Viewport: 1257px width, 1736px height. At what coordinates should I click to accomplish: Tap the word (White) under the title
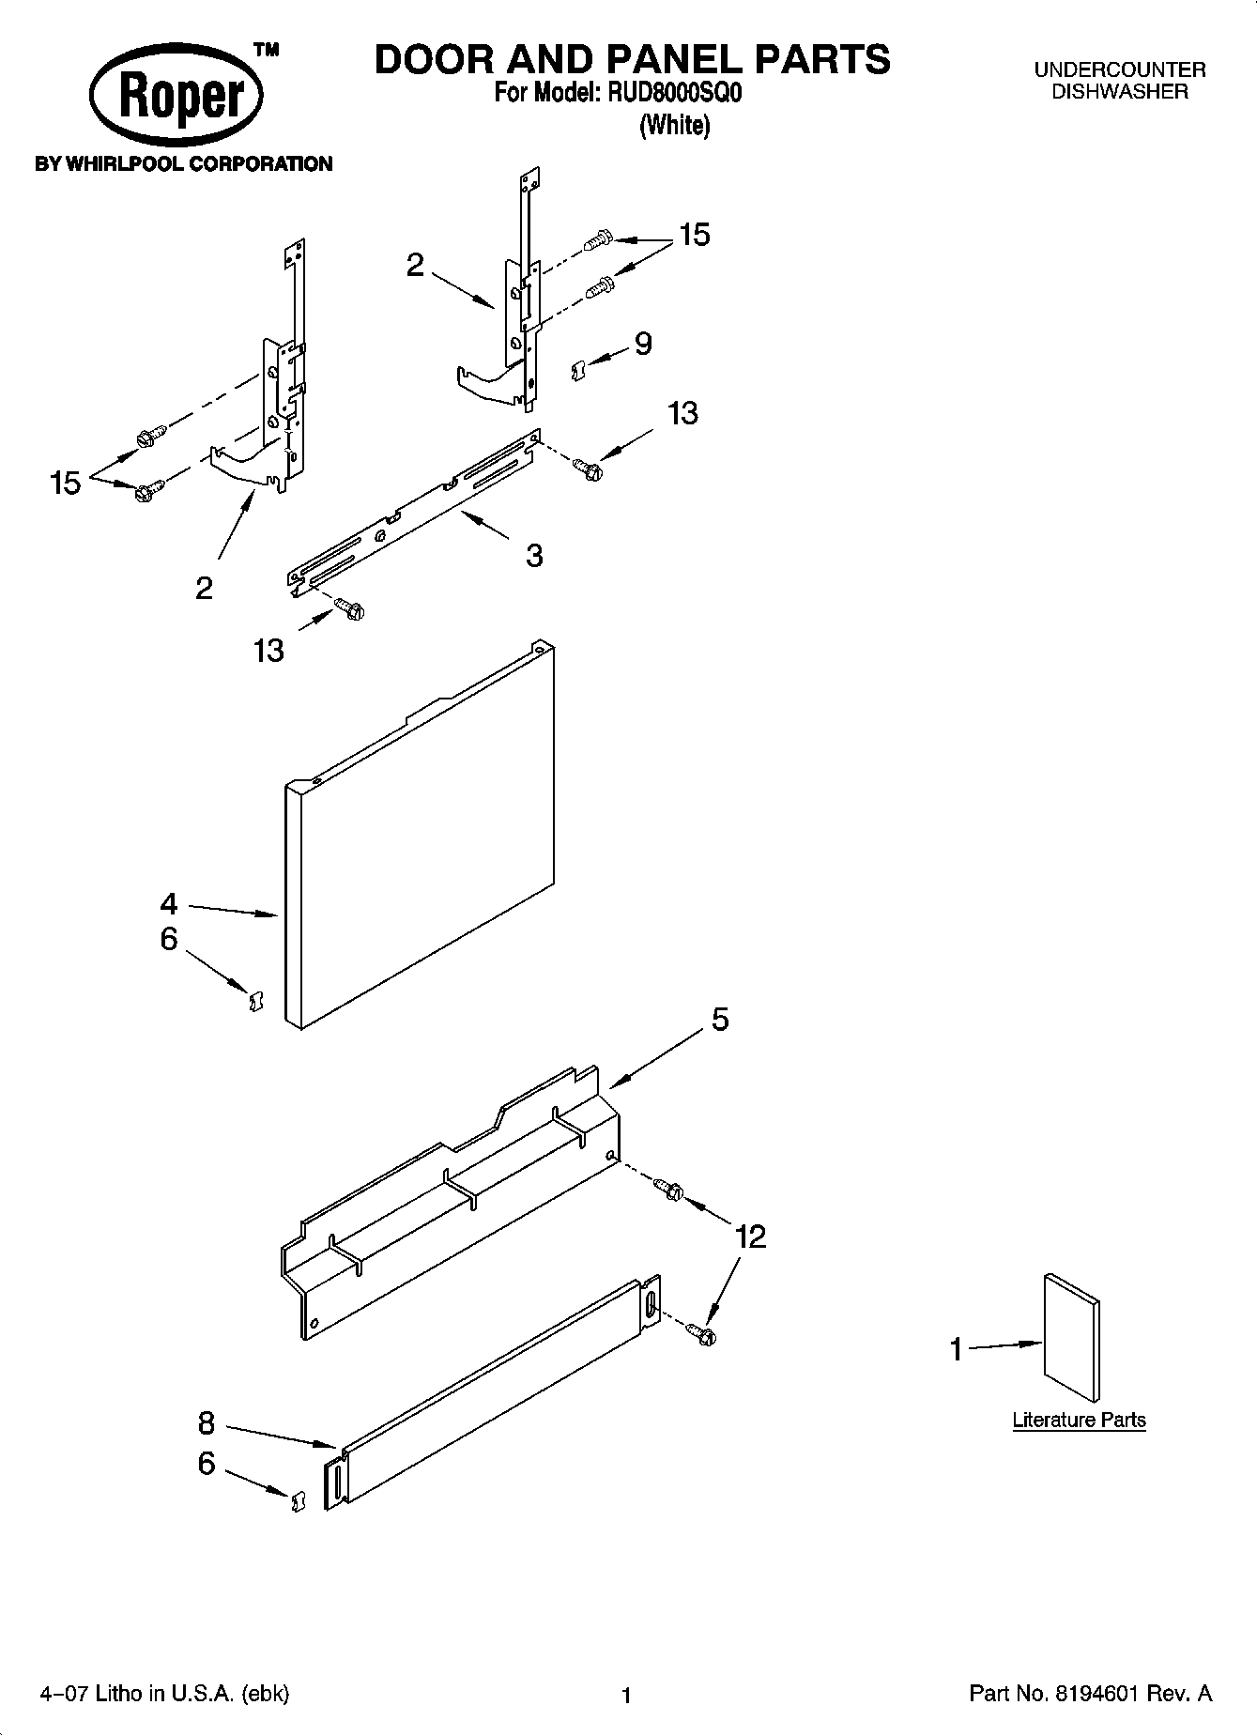674,125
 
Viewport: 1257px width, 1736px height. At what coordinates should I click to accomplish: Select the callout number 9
643,344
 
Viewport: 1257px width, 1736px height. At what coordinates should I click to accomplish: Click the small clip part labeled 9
578,371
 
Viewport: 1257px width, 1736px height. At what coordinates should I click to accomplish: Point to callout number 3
534,556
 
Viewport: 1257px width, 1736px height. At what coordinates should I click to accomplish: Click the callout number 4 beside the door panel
168,904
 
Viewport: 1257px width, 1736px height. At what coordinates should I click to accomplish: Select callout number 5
719,1020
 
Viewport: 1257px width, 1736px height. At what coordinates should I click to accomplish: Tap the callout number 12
750,1237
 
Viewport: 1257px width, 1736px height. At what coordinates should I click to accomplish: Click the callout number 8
207,1423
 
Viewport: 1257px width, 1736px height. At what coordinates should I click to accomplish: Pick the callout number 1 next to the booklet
957,1350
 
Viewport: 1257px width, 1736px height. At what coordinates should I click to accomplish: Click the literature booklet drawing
1071,1338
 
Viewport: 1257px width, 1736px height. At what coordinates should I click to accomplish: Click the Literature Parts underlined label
1079,1420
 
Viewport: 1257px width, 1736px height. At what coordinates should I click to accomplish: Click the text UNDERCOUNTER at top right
1119,69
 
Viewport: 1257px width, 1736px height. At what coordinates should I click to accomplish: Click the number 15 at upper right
695,235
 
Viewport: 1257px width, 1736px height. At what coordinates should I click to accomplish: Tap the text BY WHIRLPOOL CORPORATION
184,164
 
